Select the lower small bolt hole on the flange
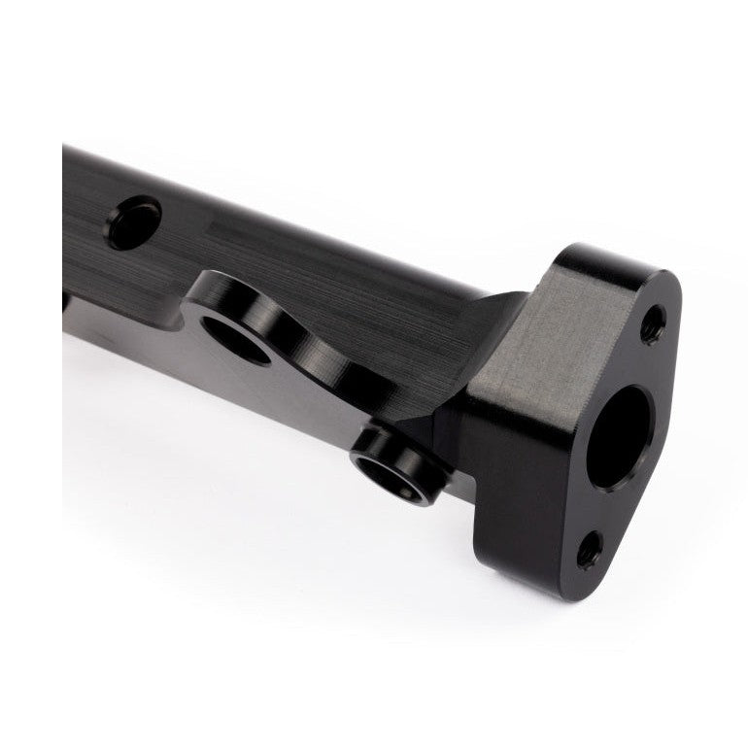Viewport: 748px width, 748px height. coord(589,551)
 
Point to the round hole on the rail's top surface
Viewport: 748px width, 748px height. coord(134,221)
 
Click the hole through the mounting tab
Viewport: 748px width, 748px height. coord(235,342)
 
